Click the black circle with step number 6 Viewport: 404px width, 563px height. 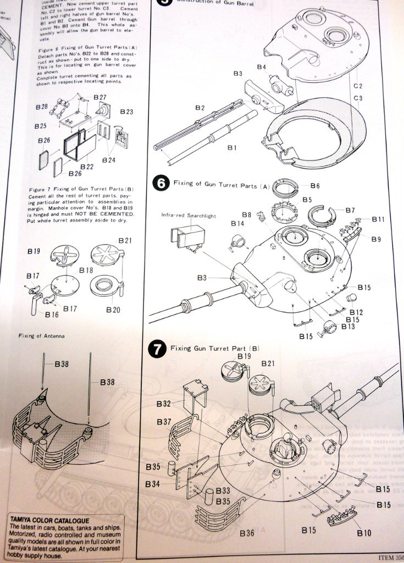160,183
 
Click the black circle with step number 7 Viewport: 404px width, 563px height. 157,348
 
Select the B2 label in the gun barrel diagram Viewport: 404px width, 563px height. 200,108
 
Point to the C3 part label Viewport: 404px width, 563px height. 358,98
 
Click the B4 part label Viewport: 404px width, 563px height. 262,67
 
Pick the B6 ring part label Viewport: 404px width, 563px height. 315,186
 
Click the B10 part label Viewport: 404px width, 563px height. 364,533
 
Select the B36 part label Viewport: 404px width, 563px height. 247,533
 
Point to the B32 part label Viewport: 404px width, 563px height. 163,404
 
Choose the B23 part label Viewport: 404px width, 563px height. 126,112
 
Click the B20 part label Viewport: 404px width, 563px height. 113,310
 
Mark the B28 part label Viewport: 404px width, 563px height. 41,106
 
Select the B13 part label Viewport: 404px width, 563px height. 348,327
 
